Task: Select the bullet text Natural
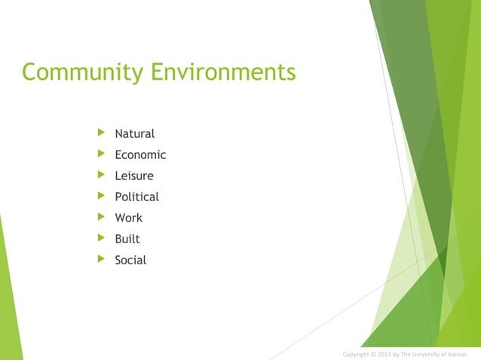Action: coord(134,134)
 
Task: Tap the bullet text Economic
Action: coord(140,155)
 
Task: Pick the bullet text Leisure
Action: coord(133,176)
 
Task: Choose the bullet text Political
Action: coord(136,197)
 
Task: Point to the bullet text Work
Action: coord(128,218)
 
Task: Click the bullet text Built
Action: coord(127,239)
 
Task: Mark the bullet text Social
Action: coord(130,261)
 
